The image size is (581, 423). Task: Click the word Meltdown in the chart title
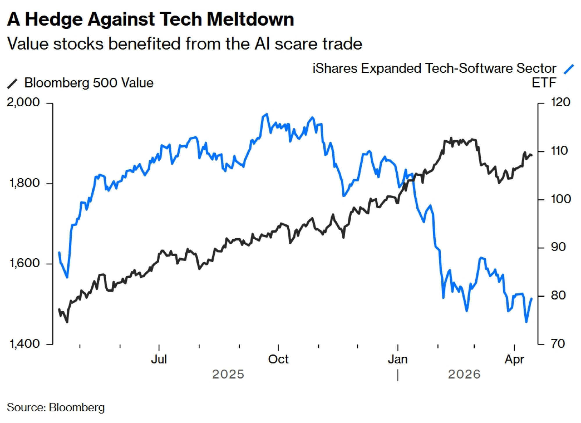(250, 20)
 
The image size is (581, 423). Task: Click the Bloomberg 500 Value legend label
(89, 83)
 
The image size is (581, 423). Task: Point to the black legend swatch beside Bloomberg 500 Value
(12, 83)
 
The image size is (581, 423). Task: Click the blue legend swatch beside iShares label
(569, 69)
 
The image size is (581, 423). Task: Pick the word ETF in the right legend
(544, 83)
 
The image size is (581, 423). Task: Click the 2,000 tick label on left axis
(23, 102)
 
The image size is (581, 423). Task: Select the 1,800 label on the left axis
(24, 183)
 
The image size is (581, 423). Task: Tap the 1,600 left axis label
(24, 263)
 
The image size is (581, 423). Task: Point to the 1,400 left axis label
(24, 344)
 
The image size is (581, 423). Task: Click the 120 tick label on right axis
(560, 102)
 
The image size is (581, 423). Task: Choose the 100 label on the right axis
(561, 199)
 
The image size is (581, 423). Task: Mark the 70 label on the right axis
(558, 344)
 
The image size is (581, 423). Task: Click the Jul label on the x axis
(159, 359)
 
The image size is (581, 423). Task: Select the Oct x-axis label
(278, 359)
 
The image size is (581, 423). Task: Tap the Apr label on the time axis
(514, 359)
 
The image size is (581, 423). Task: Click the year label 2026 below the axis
(464, 374)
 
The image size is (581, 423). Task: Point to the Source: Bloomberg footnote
(55, 407)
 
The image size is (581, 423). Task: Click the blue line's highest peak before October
(267, 114)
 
